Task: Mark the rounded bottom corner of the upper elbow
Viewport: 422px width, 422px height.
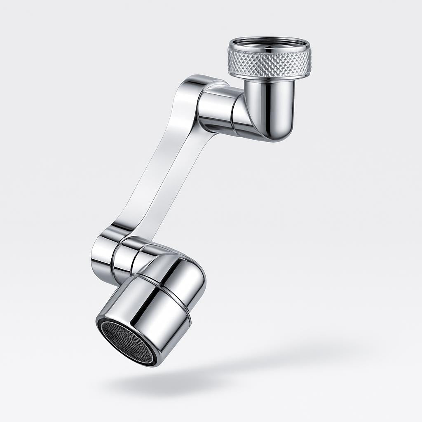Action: pyautogui.click(x=280, y=134)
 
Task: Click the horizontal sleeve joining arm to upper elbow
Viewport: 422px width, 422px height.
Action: pyautogui.click(x=214, y=109)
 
